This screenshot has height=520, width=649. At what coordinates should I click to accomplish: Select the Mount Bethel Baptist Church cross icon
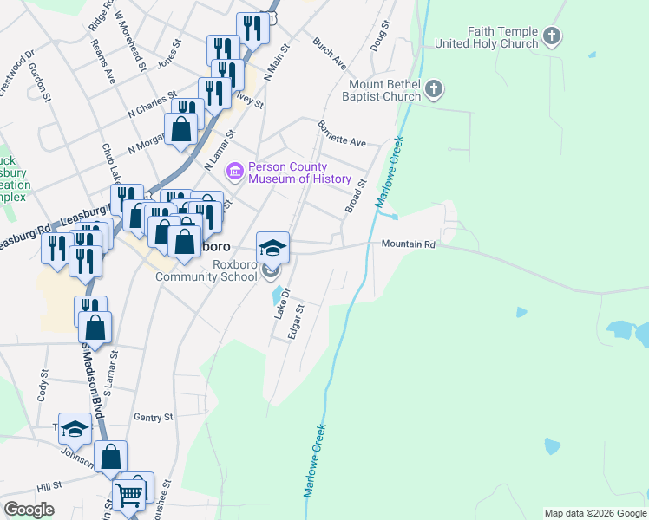click(x=435, y=89)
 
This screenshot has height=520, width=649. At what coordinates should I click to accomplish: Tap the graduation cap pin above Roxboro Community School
click(x=272, y=246)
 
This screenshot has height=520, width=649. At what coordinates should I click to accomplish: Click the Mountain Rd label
click(x=408, y=244)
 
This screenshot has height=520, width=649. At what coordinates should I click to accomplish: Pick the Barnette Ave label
click(x=342, y=135)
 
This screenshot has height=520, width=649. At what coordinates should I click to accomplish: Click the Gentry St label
click(x=154, y=417)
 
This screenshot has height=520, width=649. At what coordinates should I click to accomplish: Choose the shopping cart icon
click(x=129, y=497)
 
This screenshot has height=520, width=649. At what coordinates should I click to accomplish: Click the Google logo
click(x=29, y=510)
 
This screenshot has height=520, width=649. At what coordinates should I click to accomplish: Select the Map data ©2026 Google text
click(x=595, y=513)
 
